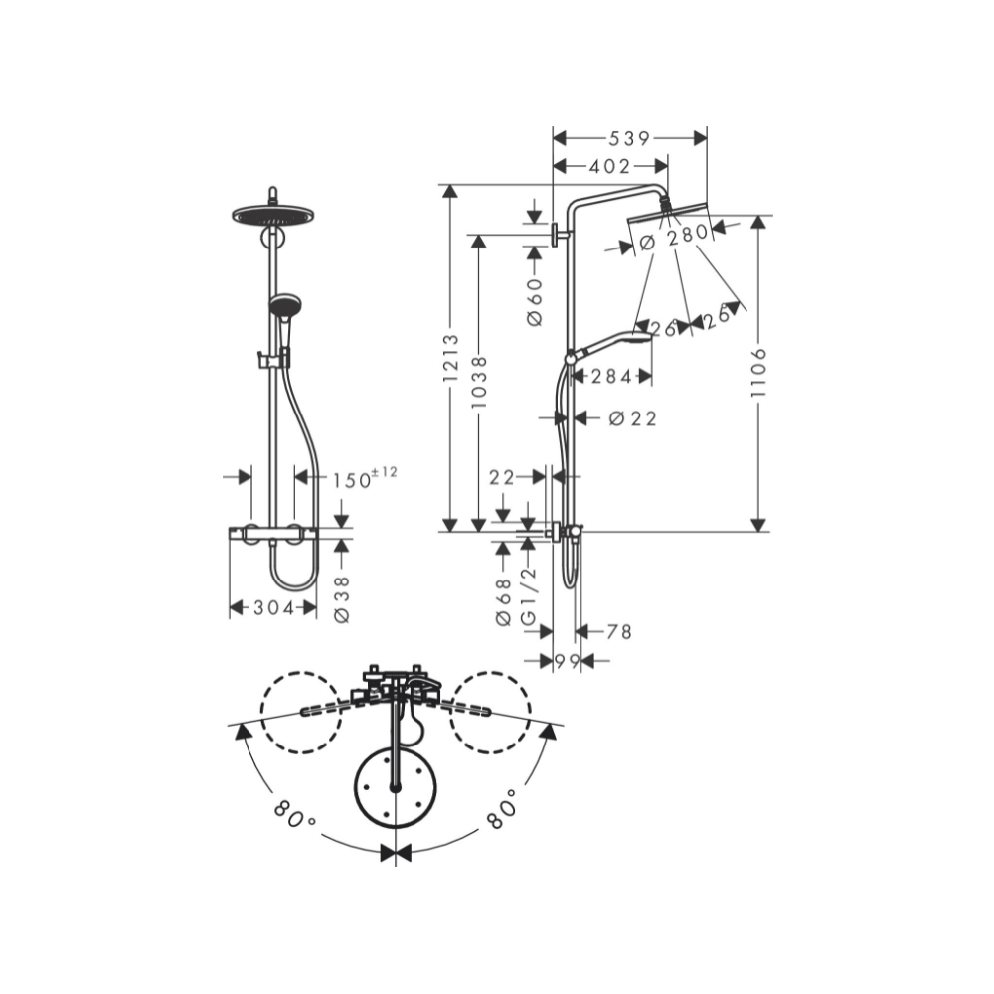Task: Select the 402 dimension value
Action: click(x=610, y=166)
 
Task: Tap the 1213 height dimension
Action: click(x=450, y=358)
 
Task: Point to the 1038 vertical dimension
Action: click(x=479, y=382)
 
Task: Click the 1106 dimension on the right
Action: click(x=758, y=373)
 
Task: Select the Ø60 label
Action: click(x=535, y=302)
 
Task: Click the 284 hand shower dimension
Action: click(x=611, y=377)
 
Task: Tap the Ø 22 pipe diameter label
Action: click(x=632, y=418)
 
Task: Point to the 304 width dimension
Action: click(x=274, y=608)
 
